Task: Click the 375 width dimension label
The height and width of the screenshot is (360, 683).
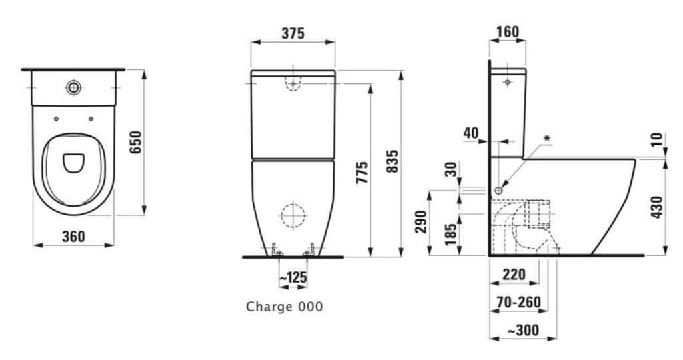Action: click(x=293, y=33)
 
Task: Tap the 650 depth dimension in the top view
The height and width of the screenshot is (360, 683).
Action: click(x=136, y=142)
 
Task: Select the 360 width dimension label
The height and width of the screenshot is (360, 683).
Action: click(x=73, y=237)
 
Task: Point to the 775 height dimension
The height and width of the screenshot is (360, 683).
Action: click(x=362, y=173)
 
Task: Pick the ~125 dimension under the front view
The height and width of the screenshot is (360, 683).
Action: click(x=293, y=277)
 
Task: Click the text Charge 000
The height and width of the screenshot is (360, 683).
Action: click(x=284, y=307)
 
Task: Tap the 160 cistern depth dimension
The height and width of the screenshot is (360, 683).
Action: click(x=508, y=32)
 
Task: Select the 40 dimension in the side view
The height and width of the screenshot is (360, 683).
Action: click(x=471, y=133)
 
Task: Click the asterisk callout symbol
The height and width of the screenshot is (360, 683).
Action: click(x=548, y=139)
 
